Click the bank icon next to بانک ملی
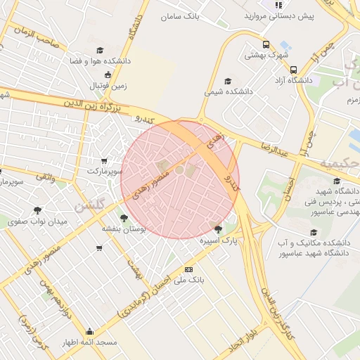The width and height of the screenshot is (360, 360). pyautogui.click(x=188, y=269)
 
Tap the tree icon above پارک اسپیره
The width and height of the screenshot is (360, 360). pyautogui.click(x=217, y=229)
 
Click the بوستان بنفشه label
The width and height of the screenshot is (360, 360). pyautogui.click(x=123, y=229)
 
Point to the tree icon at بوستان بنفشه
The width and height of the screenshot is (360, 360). pyautogui.click(x=124, y=218)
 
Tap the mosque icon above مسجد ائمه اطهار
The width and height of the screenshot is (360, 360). pyautogui.click(x=89, y=332)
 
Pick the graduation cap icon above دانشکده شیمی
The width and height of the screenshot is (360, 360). pyautogui.click(x=226, y=80)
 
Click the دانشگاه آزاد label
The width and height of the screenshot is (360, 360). pyautogui.click(x=294, y=80)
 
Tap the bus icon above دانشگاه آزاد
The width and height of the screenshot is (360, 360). pyautogui.click(x=293, y=69)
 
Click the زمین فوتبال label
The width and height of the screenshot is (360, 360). pyautogui.click(x=108, y=85)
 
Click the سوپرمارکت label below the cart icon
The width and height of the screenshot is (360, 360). pyautogui.click(x=106, y=171)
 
